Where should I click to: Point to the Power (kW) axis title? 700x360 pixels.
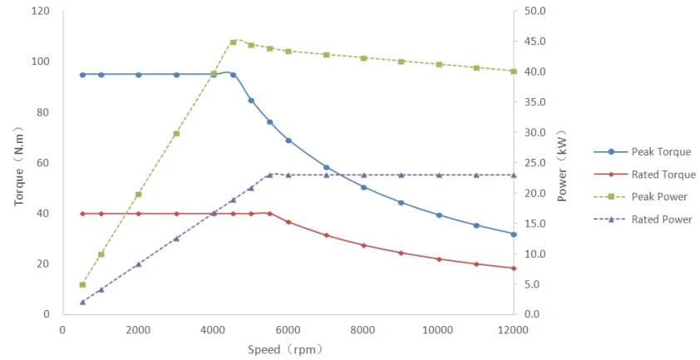(562, 166)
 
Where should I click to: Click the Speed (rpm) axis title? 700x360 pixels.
(285, 349)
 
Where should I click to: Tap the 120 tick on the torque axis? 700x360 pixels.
(40, 12)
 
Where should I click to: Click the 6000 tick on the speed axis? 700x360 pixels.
(288, 329)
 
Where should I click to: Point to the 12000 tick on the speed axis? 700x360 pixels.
(513, 329)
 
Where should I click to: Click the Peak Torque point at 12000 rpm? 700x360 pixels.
(514, 234)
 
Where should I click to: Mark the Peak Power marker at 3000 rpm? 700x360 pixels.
(176, 134)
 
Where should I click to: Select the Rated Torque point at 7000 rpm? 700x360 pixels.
(326, 235)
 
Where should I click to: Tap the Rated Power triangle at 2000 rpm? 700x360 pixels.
(138, 264)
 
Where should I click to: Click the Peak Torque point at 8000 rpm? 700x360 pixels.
(363, 187)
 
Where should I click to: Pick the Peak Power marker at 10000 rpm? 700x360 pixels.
(439, 64)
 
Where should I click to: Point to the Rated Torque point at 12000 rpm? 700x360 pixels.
(514, 268)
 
